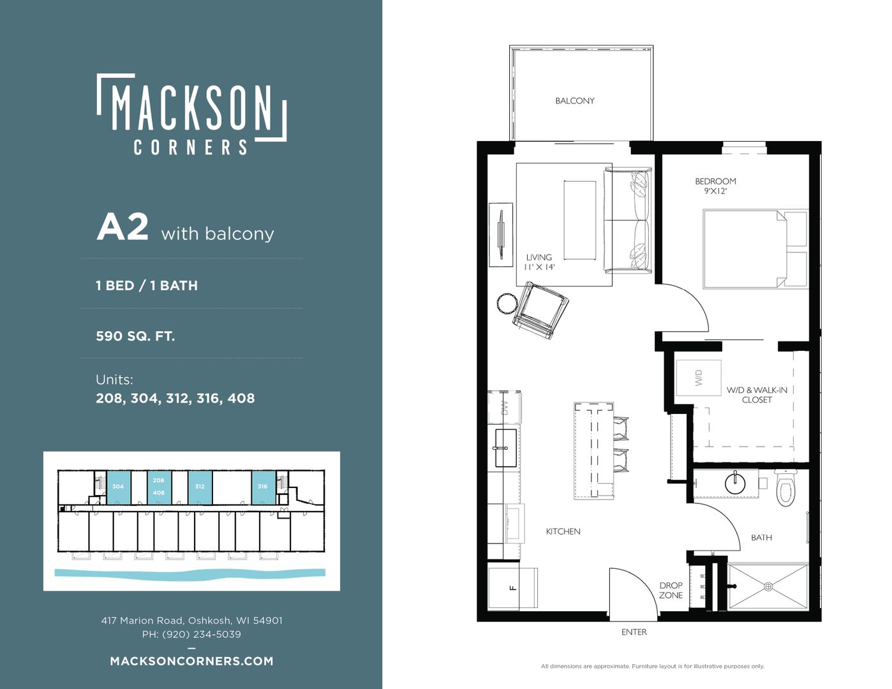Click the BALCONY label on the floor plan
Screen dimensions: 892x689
point(574,101)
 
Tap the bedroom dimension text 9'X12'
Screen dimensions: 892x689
point(715,191)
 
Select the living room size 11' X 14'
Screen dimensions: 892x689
point(539,267)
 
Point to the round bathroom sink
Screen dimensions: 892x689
point(735,484)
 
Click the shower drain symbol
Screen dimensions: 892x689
point(768,587)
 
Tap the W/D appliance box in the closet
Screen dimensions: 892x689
point(698,378)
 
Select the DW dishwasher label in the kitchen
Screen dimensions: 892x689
point(505,407)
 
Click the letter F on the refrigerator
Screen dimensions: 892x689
point(512,588)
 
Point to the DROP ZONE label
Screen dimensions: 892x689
point(671,590)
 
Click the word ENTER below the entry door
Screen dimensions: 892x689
point(634,632)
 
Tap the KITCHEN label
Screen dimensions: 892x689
point(563,531)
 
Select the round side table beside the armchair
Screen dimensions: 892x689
point(507,304)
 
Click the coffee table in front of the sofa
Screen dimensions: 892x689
point(579,220)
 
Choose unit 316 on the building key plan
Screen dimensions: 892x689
point(262,487)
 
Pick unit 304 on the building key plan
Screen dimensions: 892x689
point(118,487)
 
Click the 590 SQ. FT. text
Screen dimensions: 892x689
point(135,336)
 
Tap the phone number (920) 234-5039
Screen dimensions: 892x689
point(202,634)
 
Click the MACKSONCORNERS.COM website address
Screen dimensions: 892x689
point(191,661)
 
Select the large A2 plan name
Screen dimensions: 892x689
point(123,228)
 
